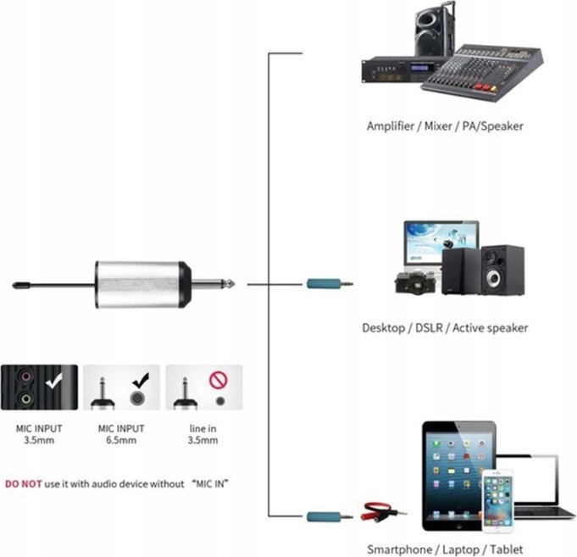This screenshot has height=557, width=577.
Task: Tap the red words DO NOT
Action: [x=22, y=483]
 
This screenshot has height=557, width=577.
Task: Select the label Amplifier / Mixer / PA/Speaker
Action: [x=445, y=126]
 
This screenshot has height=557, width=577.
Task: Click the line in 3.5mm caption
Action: [x=203, y=434]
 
